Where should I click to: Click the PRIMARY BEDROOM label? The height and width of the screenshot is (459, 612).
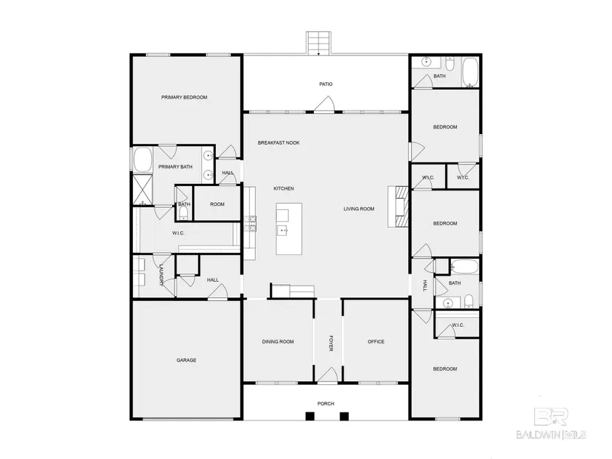pyautogui.click(x=184, y=97)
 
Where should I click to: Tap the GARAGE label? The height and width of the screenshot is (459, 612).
pyautogui.click(x=186, y=360)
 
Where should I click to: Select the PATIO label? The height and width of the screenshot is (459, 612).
pyautogui.click(x=326, y=84)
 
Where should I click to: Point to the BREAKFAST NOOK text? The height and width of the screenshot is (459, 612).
pyautogui.click(x=279, y=143)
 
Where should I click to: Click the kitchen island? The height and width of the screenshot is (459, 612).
pyautogui.click(x=289, y=228)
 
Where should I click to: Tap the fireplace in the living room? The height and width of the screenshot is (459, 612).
pyautogui.click(x=398, y=206)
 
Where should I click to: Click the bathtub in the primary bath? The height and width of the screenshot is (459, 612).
pyautogui.click(x=142, y=159)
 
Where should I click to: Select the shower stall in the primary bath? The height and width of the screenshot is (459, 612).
pyautogui.click(x=142, y=190)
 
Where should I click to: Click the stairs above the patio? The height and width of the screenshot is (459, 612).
pyautogui.click(x=318, y=43)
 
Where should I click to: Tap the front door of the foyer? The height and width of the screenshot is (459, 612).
pyautogui.click(x=327, y=375)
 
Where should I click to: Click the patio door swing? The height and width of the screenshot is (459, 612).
pyautogui.click(x=324, y=104)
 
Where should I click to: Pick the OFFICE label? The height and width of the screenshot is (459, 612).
pyautogui.click(x=376, y=342)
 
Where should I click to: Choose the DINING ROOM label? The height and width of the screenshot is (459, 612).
pyautogui.click(x=278, y=342)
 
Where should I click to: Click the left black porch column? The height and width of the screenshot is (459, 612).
pyautogui.click(x=309, y=416)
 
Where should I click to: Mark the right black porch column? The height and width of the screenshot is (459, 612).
pyautogui.click(x=344, y=416)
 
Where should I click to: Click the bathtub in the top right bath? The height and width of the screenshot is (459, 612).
pyautogui.click(x=470, y=72)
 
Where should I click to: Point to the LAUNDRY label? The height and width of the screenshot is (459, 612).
pyautogui.click(x=161, y=275)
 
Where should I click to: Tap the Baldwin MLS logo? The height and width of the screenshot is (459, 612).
pyautogui.click(x=551, y=423)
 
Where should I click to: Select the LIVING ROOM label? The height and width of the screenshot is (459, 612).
pyautogui.click(x=359, y=209)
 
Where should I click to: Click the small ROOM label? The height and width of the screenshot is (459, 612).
pyautogui.click(x=217, y=204)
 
